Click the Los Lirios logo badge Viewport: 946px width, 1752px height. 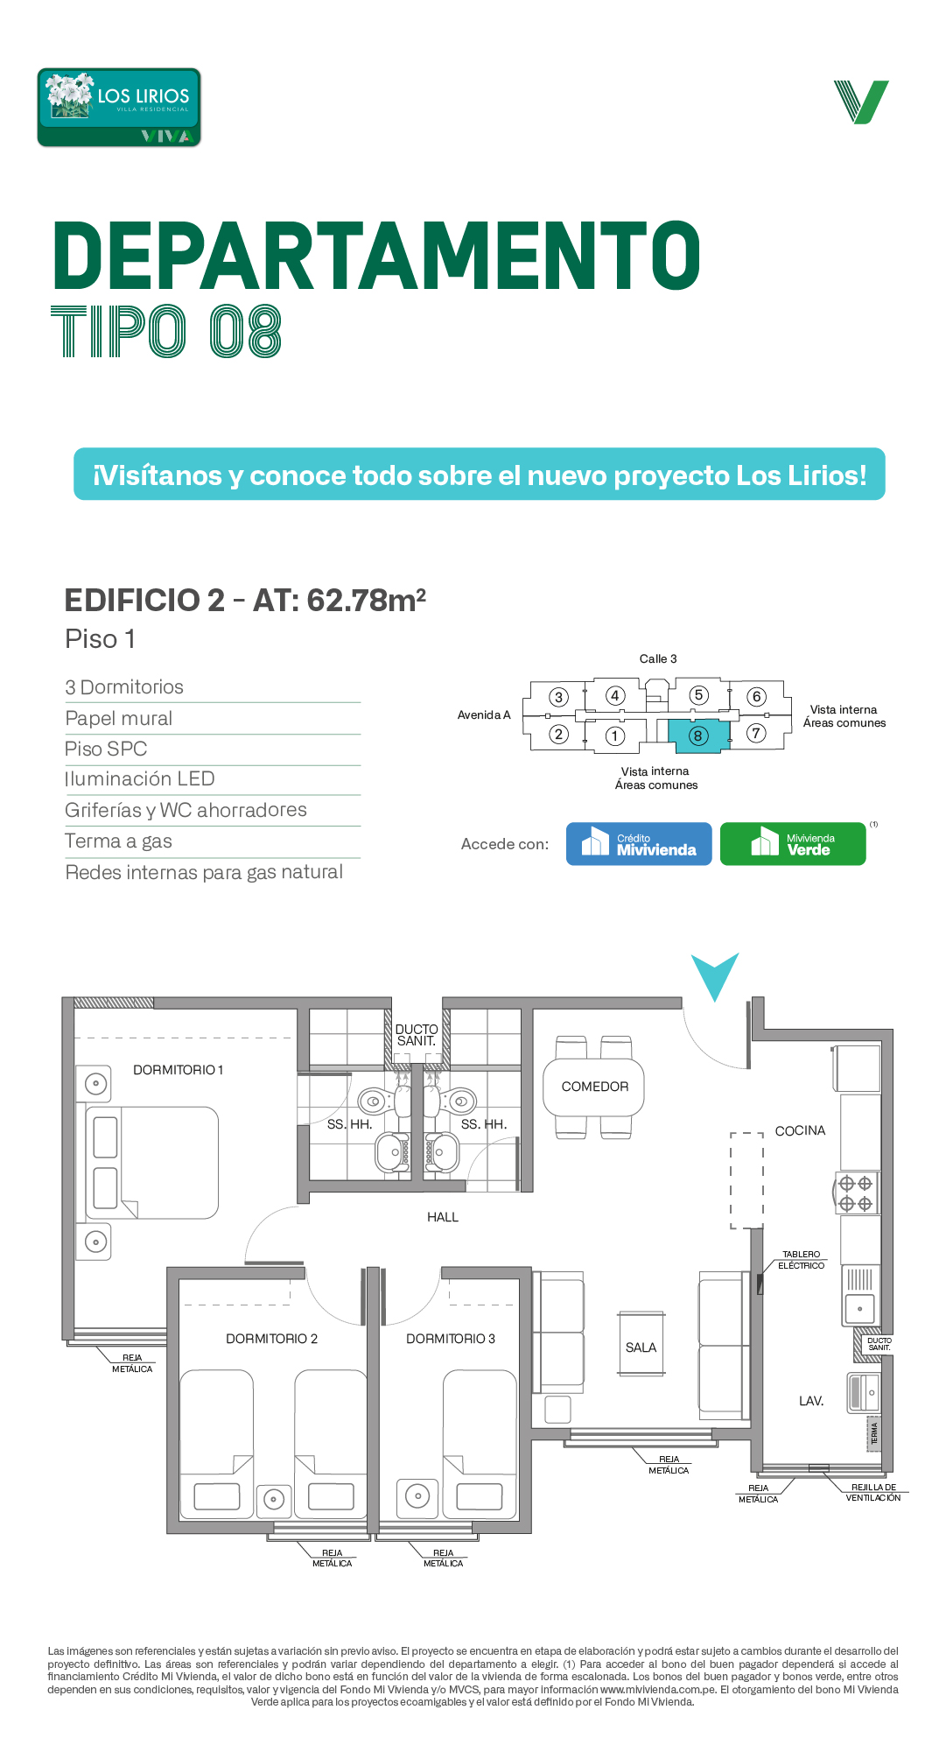119,108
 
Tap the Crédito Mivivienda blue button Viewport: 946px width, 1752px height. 639,844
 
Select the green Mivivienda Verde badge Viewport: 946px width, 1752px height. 793,844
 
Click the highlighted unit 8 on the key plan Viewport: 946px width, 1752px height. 698,735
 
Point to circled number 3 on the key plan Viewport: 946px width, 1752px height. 558,697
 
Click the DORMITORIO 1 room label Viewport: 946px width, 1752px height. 178,1070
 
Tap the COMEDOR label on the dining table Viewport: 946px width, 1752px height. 595,1087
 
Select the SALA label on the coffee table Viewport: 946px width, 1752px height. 641,1347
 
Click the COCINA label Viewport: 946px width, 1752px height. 800,1130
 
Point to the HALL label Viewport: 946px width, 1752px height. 443,1217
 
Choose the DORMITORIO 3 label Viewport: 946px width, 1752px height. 451,1339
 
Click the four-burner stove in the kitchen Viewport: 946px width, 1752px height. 856,1193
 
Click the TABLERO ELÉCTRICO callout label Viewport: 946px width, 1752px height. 802,1260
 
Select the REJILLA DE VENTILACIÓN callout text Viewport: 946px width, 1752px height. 873,1493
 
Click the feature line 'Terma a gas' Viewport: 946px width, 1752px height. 118,841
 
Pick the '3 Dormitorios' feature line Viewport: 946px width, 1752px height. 124,687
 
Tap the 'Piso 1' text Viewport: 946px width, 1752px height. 100,639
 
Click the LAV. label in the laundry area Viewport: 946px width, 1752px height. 811,1401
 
